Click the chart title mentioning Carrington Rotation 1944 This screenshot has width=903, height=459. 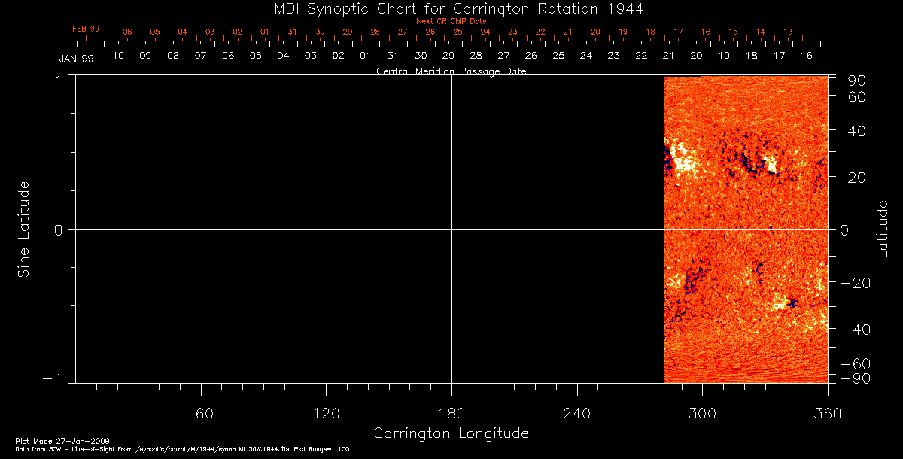pos(451,8)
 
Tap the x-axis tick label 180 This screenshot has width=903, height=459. pos(451,413)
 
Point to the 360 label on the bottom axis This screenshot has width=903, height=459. pos(827,413)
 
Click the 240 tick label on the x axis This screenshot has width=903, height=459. pos(576,413)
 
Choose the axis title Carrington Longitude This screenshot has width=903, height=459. pos(451,433)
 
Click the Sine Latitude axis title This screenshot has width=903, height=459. pos(24,229)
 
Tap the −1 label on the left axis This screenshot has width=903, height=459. pos(53,379)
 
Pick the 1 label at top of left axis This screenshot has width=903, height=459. pos(58,80)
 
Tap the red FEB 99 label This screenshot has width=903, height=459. pos(86,29)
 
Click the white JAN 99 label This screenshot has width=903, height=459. pos(76,59)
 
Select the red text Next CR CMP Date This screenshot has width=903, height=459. pos(451,21)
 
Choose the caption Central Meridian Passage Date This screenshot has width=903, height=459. pos(451,71)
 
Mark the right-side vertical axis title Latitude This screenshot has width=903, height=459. pos(883,229)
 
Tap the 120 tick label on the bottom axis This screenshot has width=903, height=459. pos(326,413)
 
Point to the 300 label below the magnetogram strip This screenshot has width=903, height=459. pos(702,413)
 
